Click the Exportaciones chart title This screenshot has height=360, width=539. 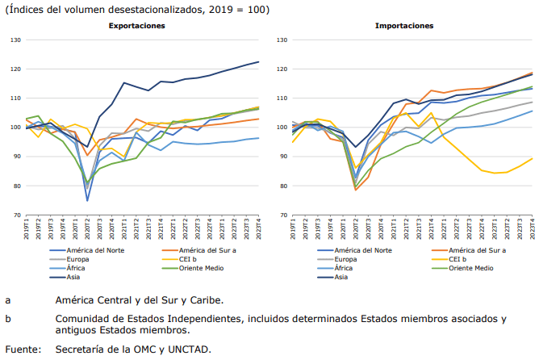(x=137, y=26)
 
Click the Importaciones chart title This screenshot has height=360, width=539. (x=403, y=26)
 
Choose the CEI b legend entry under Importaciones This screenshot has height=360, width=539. (x=458, y=259)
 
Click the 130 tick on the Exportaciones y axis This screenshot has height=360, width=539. (x=15, y=40)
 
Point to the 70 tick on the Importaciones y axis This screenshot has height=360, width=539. (x=283, y=216)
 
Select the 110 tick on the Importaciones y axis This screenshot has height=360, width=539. (x=282, y=98)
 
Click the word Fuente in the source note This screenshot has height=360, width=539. (x=23, y=350)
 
